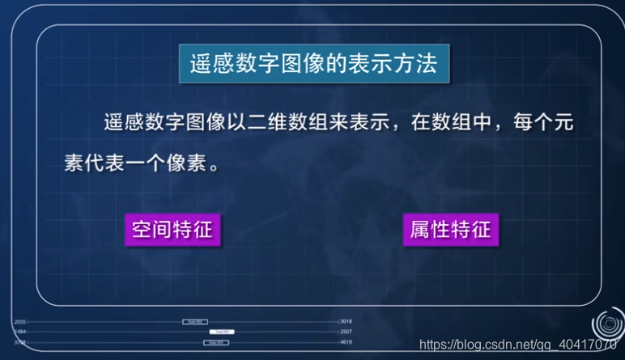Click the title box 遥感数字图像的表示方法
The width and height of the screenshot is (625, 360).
pyautogui.click(x=313, y=64)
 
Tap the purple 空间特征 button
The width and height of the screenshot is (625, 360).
pyautogui.click(x=172, y=229)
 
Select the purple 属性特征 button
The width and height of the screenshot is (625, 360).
pyautogui.click(x=450, y=229)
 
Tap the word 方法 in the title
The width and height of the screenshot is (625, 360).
pyautogui.click(x=417, y=64)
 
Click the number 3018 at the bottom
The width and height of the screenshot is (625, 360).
pyautogui.click(x=346, y=321)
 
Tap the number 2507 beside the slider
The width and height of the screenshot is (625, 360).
pyautogui.click(x=346, y=332)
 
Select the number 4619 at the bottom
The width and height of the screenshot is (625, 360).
pyautogui.click(x=346, y=342)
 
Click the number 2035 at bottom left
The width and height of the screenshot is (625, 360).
pyautogui.click(x=20, y=322)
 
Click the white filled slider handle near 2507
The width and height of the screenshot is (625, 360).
pyautogui.click(x=222, y=332)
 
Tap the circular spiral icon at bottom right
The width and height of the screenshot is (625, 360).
pyautogui.click(x=607, y=324)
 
